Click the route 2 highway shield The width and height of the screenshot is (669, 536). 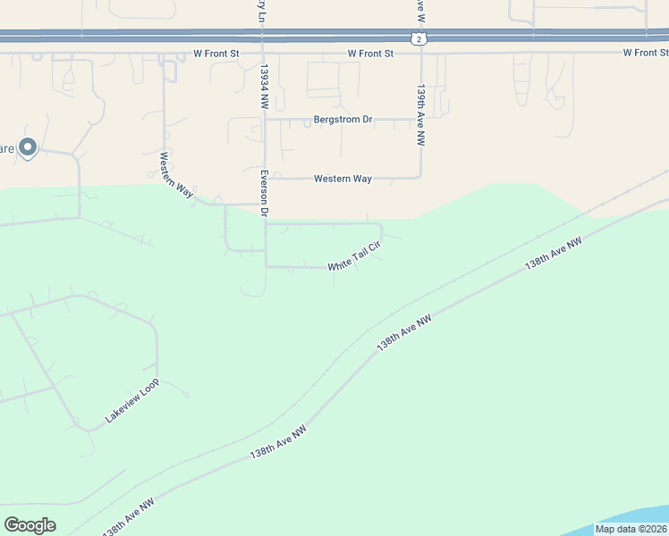[x=418, y=39]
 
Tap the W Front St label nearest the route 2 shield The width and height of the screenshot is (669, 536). [x=371, y=54]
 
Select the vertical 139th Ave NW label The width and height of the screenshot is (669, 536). [x=419, y=116]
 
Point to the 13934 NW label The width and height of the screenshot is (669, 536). [x=265, y=88]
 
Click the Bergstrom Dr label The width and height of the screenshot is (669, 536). [x=343, y=119]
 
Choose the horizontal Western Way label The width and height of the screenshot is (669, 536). [x=343, y=179]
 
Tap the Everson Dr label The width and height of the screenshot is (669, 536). [x=265, y=194]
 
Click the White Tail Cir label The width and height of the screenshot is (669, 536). [x=355, y=260]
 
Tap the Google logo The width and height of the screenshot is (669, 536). [x=30, y=525]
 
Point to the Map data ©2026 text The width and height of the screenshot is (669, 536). [x=630, y=529]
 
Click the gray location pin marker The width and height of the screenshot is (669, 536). [x=28, y=147]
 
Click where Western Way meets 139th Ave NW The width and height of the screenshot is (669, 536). [x=420, y=178]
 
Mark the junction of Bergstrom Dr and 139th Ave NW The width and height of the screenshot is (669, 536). [x=420, y=119]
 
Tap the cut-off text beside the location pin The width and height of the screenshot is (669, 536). [x=7, y=148]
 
